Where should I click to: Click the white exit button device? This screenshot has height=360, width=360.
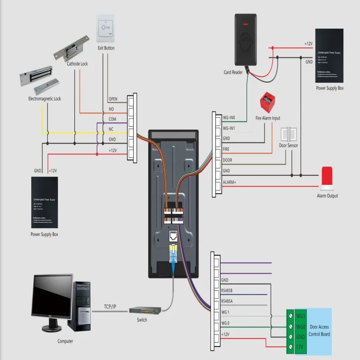[106, 29]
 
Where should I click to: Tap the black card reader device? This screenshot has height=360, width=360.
[246, 40]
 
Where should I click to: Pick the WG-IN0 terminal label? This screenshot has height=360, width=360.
[229, 118]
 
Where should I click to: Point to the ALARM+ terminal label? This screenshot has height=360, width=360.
[230, 182]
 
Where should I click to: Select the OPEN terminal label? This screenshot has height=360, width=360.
[113, 99]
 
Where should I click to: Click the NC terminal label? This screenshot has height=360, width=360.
[112, 130]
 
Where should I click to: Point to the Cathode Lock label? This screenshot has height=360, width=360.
[77, 64]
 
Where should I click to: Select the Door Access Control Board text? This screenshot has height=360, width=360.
[319, 331]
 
